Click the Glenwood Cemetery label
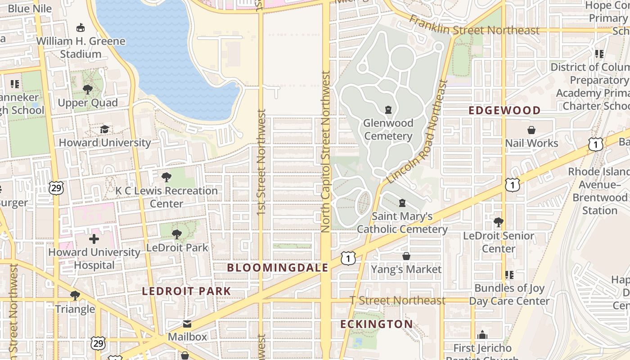click(388, 130)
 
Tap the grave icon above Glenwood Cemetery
click(388, 109)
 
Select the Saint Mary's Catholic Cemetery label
click(402, 223)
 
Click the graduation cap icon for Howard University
click(104, 129)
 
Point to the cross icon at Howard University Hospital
click(94, 239)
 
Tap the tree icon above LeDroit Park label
click(177, 234)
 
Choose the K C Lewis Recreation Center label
click(166, 197)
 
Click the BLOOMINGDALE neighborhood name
click(278, 268)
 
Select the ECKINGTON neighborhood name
click(376, 324)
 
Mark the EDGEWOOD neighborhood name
click(504, 110)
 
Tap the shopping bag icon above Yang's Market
click(406, 256)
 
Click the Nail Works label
click(531, 143)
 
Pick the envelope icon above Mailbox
click(187, 324)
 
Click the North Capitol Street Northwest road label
click(326, 152)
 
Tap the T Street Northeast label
click(398, 300)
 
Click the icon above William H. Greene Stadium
click(81, 28)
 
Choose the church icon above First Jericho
click(482, 335)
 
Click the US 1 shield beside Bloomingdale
click(348, 258)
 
